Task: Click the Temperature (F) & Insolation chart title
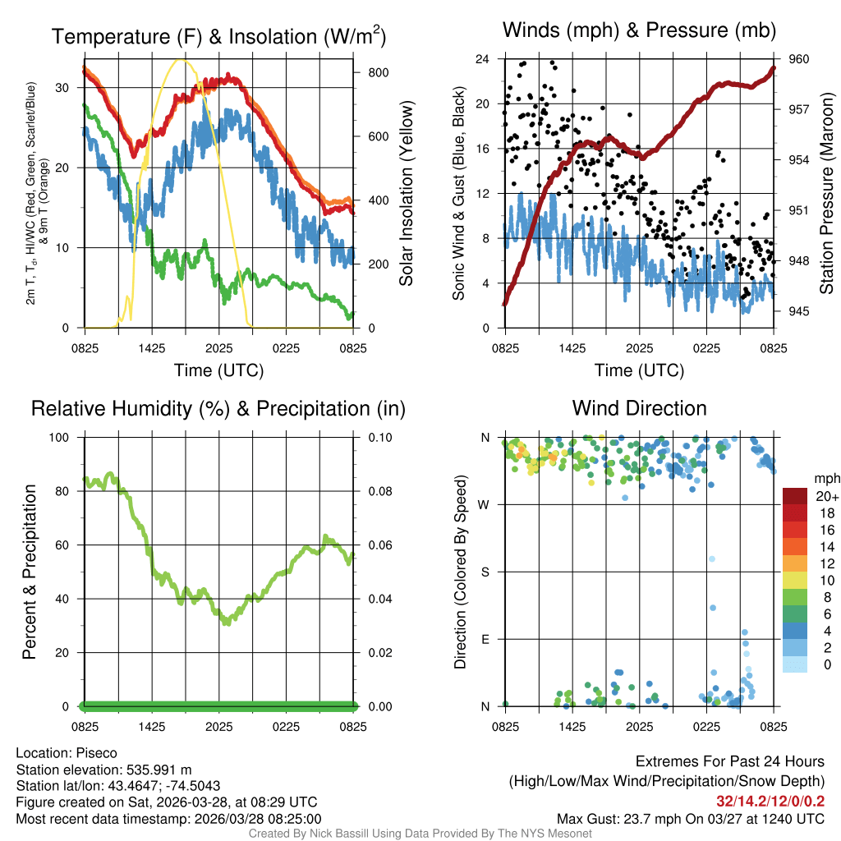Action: click(x=218, y=36)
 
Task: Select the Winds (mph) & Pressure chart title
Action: click(x=640, y=30)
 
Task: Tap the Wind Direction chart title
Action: click(x=639, y=408)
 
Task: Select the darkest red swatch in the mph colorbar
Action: click(x=795, y=496)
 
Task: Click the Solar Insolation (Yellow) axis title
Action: click(x=406, y=193)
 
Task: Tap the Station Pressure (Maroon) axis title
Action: click(x=827, y=193)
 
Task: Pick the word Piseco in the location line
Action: click(x=97, y=753)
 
